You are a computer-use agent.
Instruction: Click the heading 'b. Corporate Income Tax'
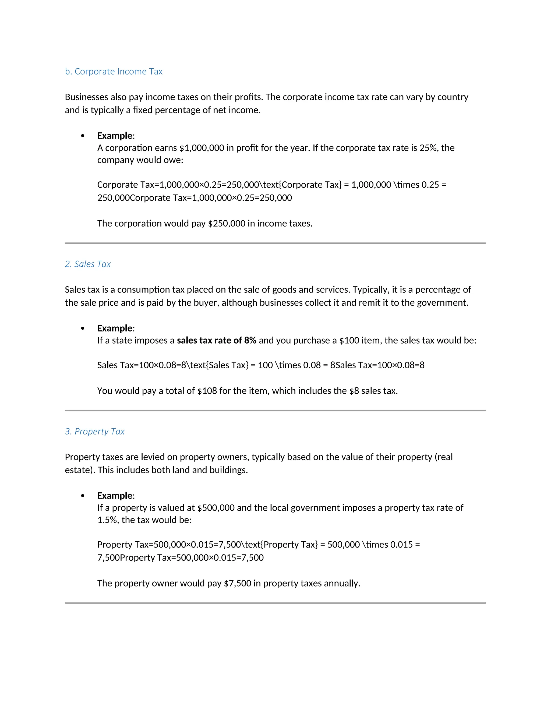coord(114,72)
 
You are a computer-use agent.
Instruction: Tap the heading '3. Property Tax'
coord(95,431)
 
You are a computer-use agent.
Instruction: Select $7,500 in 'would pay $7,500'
coord(237,583)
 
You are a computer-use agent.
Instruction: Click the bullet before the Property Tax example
coord(83,496)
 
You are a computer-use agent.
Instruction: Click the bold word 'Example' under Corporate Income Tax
coord(115,136)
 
